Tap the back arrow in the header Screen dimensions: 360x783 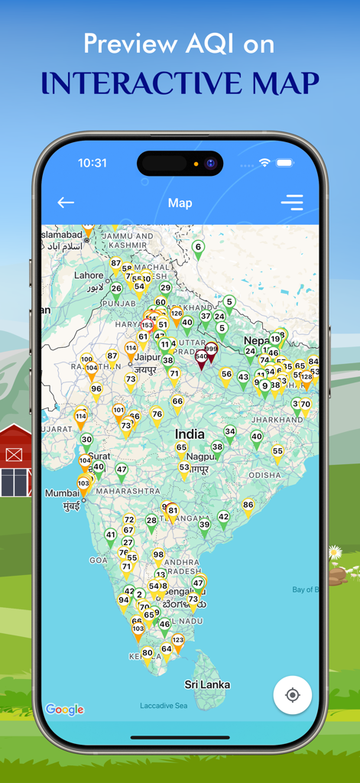pos(66,203)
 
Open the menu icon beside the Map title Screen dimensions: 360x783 pos(292,203)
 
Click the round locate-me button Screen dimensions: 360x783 pos(292,694)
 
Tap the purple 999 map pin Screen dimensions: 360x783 pos(211,351)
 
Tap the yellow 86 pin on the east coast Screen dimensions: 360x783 pos(248,506)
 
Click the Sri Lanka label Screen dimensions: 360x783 pos(207,684)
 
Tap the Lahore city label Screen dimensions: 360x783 pos(89,275)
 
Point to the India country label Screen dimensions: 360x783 pos(190,434)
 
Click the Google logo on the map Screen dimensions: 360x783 pos(64,710)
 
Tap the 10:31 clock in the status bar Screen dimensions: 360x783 pos(92,163)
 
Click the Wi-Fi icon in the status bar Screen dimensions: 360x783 pos(264,163)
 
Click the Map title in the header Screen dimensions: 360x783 pos(180,203)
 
